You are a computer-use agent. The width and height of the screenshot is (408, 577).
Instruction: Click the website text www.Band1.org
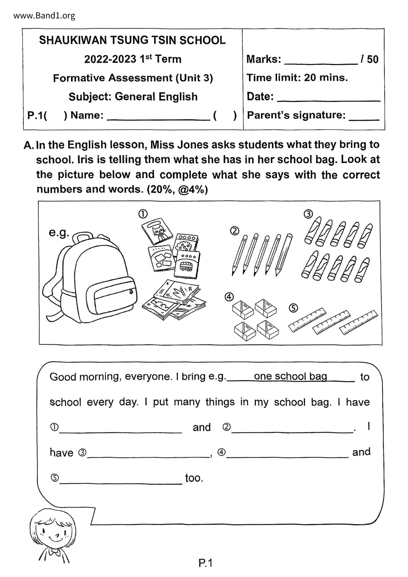pos(44,15)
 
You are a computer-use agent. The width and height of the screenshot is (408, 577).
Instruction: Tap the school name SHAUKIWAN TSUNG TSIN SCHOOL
pos(132,40)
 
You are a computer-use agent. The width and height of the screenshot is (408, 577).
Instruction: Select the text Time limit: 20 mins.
pos(297,78)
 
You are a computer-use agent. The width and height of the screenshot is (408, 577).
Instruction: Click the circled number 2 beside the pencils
pos(234,231)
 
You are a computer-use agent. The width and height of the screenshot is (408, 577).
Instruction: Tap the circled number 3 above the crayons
pos(308,214)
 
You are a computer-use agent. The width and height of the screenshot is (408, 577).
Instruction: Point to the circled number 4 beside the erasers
pos(229,297)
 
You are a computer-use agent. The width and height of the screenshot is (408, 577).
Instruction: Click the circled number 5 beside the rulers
pos(293,308)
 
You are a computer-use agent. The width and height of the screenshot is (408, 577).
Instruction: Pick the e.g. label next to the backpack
pos(59,233)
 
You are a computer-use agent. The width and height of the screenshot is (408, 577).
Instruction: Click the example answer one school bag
pos(291,376)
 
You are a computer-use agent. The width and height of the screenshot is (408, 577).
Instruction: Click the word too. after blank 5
pos(194,478)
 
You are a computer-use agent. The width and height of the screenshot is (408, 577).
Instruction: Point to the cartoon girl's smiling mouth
pos(54,538)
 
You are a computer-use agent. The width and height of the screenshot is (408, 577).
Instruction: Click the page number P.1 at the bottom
pos(206,563)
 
